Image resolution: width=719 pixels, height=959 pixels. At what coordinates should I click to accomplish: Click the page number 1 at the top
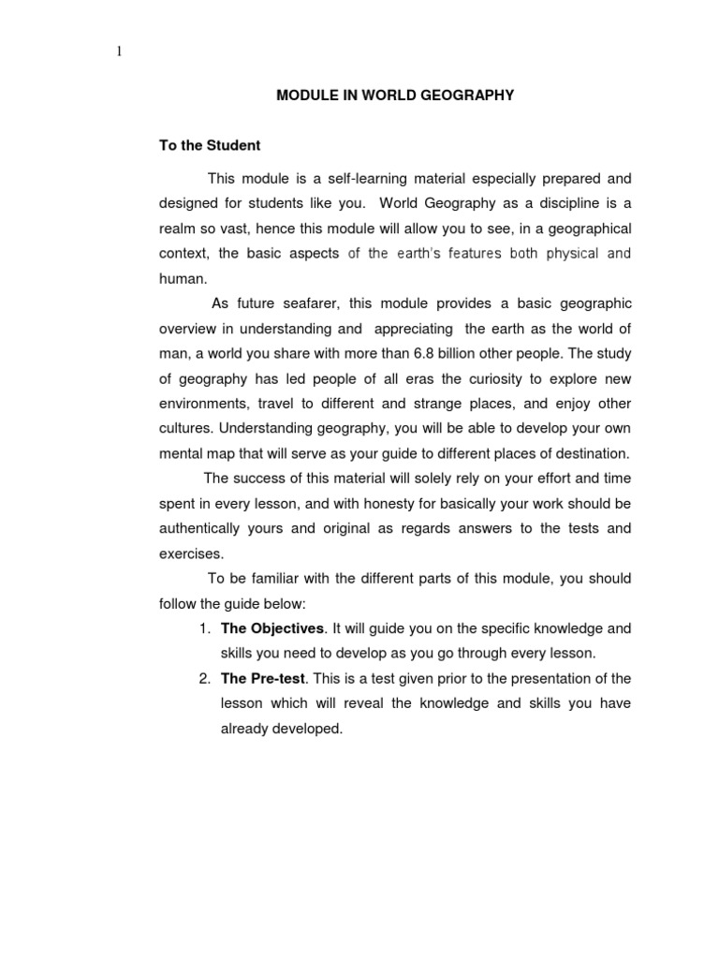119,52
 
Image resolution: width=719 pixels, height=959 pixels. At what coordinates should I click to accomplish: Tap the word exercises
190,553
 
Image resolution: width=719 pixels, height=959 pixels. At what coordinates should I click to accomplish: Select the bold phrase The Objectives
272,628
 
